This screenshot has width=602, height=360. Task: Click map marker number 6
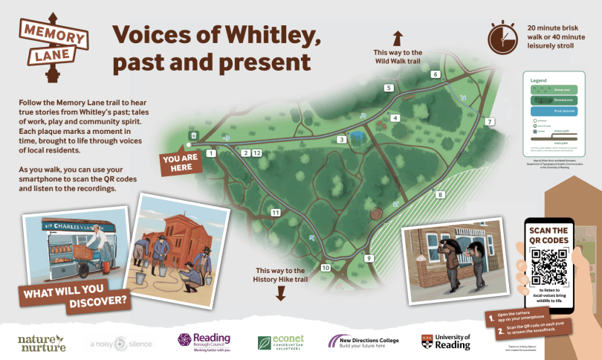pyautogui.click(x=436, y=74)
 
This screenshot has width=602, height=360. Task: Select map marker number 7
pyautogui.click(x=488, y=121)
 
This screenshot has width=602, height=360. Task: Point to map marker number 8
pyautogui.click(x=440, y=195)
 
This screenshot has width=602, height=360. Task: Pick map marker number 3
pyautogui.click(x=342, y=139)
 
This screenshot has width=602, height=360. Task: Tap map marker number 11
pyautogui.click(x=275, y=213)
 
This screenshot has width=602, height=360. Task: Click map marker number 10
pyautogui.click(x=325, y=268)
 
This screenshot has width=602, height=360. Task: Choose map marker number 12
pyautogui.click(x=256, y=153)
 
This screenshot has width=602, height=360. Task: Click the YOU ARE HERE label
pyautogui.click(x=182, y=162)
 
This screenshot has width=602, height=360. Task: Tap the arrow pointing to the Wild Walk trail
pyautogui.click(x=398, y=36)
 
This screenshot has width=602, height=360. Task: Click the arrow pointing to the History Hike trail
pyautogui.click(x=280, y=292)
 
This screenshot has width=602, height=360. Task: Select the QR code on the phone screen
pyautogui.click(x=550, y=265)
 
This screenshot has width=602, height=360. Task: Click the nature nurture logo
pyautogui.click(x=42, y=343)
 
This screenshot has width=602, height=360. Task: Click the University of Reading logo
pyautogui.click(x=447, y=342)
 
